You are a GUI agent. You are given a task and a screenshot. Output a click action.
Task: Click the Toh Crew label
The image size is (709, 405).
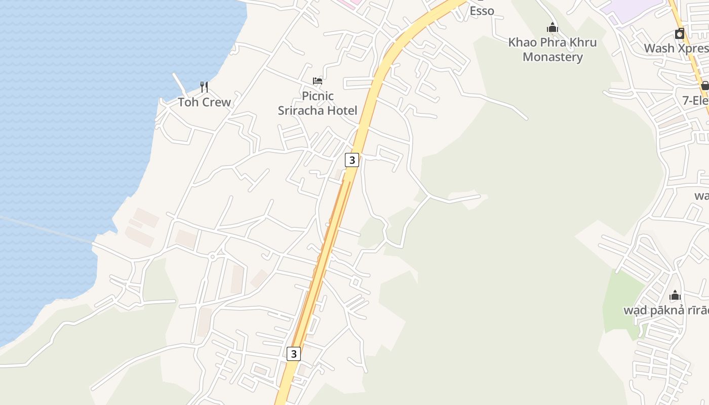[x=204, y=102]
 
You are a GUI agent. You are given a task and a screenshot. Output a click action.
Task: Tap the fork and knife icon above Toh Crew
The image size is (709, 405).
[x=204, y=87]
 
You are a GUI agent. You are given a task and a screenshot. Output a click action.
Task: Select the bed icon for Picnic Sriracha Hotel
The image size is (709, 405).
[x=318, y=81]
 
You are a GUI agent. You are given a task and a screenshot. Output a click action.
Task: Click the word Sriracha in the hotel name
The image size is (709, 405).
[x=318, y=110]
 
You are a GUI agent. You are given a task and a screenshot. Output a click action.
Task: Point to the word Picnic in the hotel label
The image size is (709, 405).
[x=318, y=96]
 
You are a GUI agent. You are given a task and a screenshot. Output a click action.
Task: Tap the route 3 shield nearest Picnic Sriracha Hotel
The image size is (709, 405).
[x=352, y=160]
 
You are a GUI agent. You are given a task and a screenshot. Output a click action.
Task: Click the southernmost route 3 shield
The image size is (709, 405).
[x=294, y=353]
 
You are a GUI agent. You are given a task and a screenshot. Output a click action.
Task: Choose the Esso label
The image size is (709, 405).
[x=482, y=11]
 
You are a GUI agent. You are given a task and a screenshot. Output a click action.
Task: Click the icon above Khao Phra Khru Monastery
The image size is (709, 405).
[x=553, y=27]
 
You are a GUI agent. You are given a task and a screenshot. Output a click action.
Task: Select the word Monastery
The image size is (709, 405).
[x=553, y=57]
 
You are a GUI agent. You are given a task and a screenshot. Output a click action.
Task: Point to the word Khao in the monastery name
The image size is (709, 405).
[x=522, y=43]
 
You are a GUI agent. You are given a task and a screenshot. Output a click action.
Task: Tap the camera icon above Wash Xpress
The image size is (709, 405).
[x=680, y=34]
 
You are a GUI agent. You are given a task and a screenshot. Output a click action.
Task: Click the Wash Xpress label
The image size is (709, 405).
[x=676, y=48]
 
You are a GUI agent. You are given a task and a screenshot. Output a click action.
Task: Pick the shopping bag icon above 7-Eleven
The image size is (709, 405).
[x=705, y=85]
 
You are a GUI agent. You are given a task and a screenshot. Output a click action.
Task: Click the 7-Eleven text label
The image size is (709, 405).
[x=695, y=101]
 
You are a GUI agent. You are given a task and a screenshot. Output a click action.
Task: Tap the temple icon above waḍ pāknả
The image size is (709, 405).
[x=675, y=295]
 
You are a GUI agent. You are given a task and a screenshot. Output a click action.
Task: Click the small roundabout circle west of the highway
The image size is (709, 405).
[x=213, y=257]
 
